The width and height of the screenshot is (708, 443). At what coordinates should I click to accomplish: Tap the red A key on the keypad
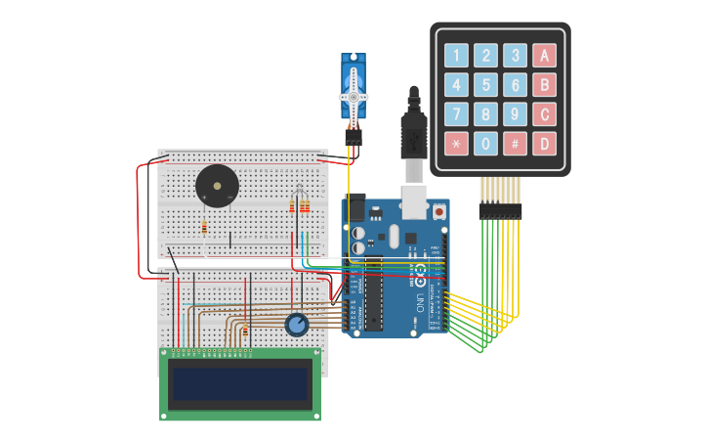545,55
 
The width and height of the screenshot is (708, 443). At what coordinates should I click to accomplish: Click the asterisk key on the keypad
457,144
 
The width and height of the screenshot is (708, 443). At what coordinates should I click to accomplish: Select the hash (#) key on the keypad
516,144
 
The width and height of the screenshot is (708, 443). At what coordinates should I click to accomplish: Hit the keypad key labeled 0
486,144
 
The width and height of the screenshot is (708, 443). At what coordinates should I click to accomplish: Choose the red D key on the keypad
545,144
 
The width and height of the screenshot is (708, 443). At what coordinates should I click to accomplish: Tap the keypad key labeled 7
457,114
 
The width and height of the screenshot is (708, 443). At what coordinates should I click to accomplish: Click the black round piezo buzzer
216,186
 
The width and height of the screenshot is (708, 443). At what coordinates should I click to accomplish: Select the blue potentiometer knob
296,325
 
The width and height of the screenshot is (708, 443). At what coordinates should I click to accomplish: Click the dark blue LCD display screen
240,383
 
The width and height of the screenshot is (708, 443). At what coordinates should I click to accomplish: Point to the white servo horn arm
353,96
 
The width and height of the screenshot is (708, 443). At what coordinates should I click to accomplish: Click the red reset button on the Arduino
439,210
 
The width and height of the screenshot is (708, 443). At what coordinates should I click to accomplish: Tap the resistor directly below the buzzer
204,228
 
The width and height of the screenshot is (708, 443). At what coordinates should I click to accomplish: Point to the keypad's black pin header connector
500,210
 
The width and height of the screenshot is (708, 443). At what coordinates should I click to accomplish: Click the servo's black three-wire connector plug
352,138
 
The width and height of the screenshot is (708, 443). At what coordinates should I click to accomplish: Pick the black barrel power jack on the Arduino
354,207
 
